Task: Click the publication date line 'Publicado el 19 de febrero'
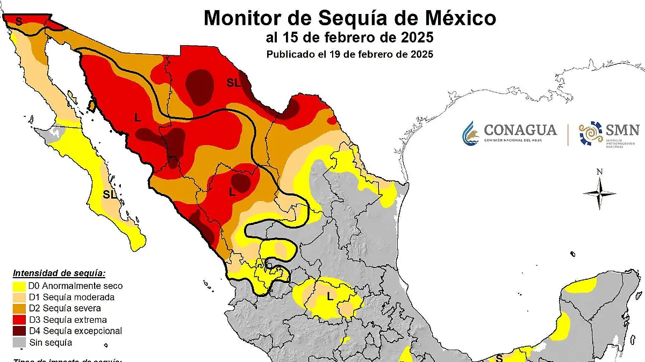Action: coord(349,54)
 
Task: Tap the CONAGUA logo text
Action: coord(520,131)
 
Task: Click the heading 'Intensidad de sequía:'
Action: coord(59,273)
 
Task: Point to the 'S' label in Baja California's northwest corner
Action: coord(19,21)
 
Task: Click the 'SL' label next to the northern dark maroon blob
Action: coord(233,82)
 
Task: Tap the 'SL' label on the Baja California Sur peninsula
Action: coord(110,194)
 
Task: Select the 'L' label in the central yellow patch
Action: coord(330,295)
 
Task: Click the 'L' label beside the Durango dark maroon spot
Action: coord(232,191)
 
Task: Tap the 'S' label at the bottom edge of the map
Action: coord(499,357)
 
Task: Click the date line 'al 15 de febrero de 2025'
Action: coord(349,38)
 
